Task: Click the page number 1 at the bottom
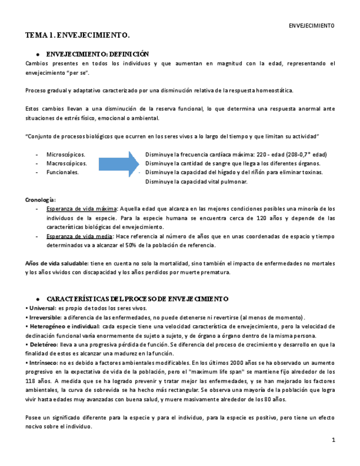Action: click(x=333, y=441)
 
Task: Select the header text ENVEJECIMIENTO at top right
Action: click(x=312, y=26)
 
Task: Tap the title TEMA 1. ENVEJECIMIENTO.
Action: click(x=77, y=36)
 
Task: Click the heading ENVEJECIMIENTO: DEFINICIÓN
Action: click(x=97, y=54)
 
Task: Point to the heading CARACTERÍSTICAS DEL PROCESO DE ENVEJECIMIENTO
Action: click(x=137, y=298)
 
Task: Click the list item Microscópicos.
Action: click(x=65, y=155)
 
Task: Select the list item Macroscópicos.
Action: click(x=67, y=164)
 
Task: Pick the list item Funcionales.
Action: click(x=62, y=172)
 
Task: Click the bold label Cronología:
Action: click(x=41, y=199)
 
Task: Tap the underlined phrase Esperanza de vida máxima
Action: click(x=81, y=208)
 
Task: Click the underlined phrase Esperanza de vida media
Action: click(x=79, y=236)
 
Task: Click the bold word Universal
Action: click(x=41, y=308)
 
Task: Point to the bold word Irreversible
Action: click(x=44, y=317)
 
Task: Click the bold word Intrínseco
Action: click(x=42, y=362)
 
